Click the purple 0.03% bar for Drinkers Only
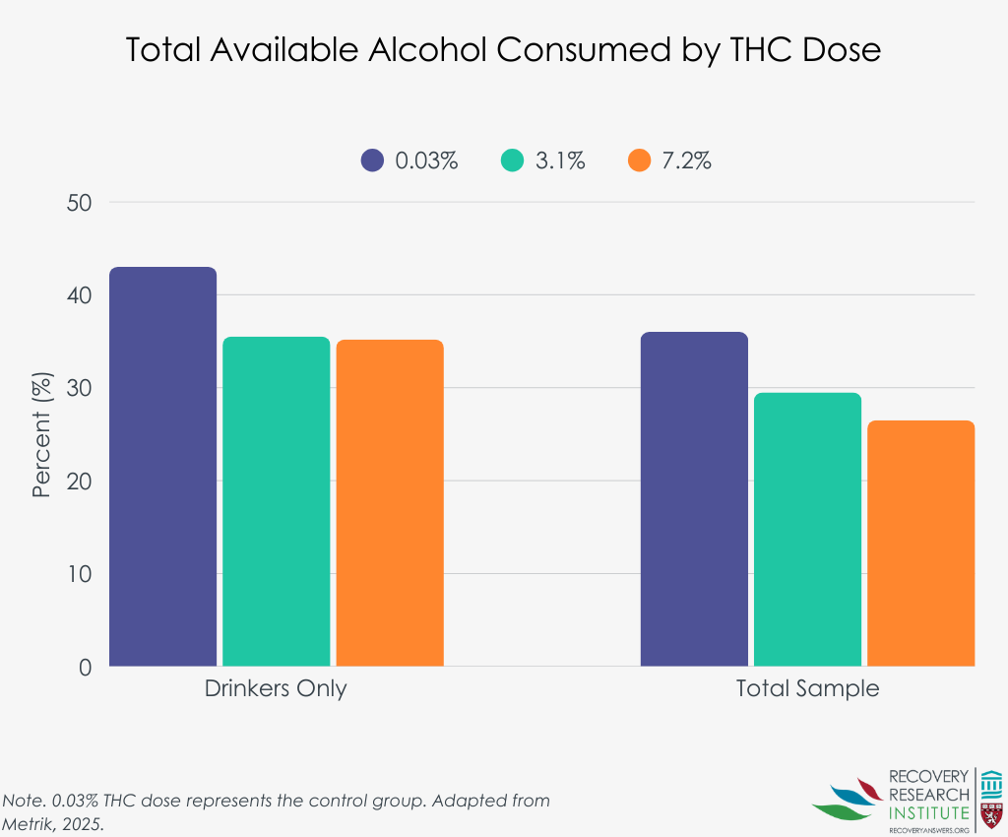[x=162, y=467]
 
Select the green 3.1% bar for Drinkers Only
[x=276, y=502]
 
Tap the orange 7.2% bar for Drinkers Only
[x=390, y=503]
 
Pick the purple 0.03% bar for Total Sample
[x=694, y=499]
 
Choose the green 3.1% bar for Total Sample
[x=807, y=530]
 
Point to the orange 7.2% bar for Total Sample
[x=921, y=544]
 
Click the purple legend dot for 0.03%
[x=372, y=161]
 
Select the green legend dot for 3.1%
[x=512, y=161]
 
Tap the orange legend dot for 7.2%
[x=640, y=161]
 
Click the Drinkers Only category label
[x=276, y=688]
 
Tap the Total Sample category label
[x=807, y=688]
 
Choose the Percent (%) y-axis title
[x=41, y=434]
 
